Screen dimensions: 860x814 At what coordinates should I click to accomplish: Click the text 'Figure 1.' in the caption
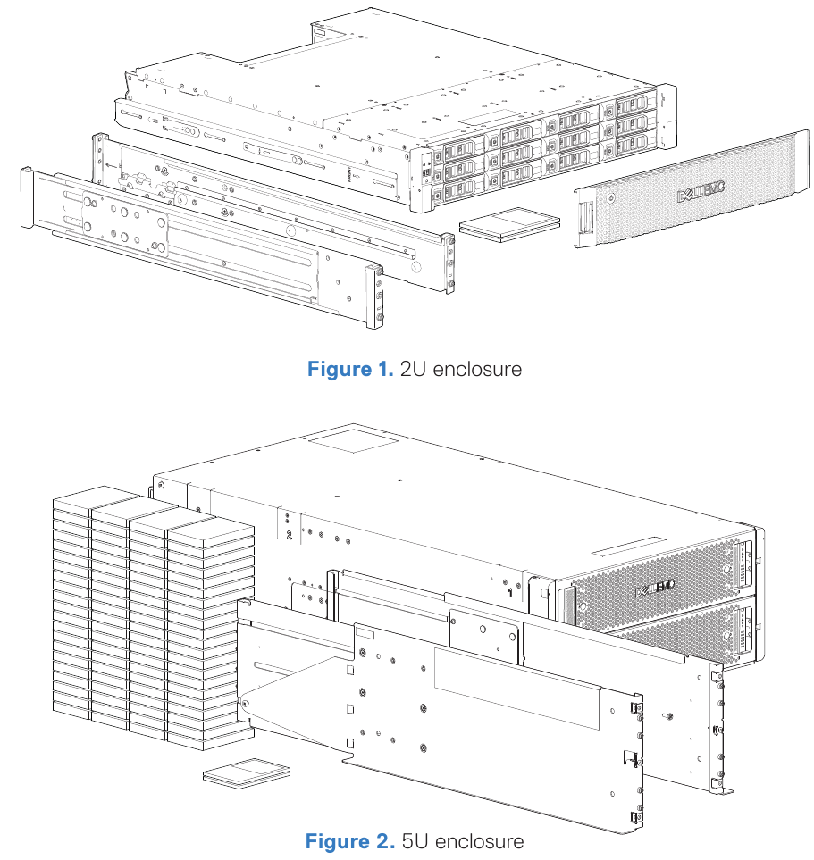pyautogui.click(x=349, y=369)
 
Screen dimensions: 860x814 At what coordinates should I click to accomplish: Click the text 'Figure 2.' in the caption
pyautogui.click(x=348, y=841)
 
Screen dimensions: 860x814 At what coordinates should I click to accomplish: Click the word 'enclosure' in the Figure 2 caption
pyautogui.click(x=484, y=841)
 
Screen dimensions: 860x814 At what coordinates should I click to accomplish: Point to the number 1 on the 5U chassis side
pyautogui.click(x=509, y=590)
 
